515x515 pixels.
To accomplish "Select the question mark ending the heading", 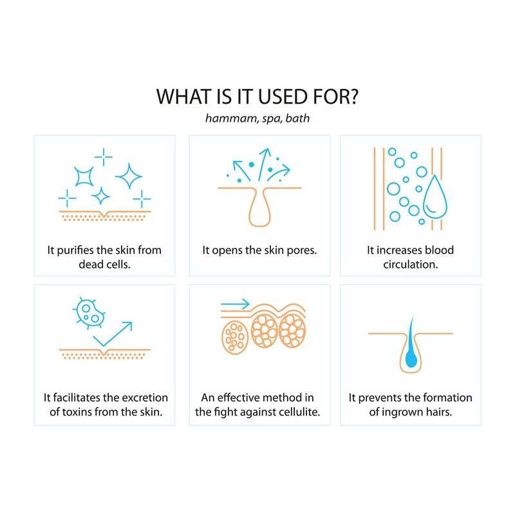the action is pyautogui.click(x=353, y=97).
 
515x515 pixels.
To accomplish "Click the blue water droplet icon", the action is pyautogui.click(x=435, y=197).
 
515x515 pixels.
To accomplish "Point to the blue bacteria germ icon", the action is pyautogui.click(x=89, y=313).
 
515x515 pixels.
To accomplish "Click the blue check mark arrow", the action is pyautogui.click(x=113, y=333).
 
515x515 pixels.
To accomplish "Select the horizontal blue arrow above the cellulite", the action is pyautogui.click(x=235, y=304).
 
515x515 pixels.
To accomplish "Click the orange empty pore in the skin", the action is pyautogui.click(x=259, y=207).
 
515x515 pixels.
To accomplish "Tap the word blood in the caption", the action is pyautogui.click(x=439, y=250).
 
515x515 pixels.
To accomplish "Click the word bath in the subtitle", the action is pyautogui.click(x=297, y=118).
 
